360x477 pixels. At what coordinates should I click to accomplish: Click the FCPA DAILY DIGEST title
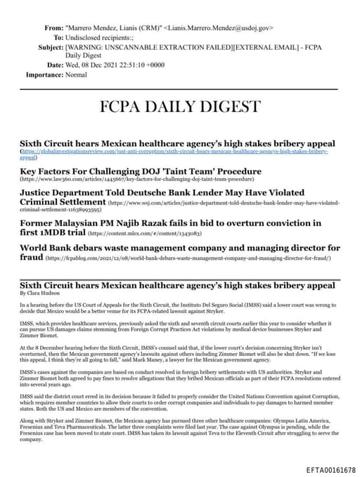(179, 107)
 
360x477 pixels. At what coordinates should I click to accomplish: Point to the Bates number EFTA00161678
(331, 469)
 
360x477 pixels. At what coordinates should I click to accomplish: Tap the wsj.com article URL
(211, 203)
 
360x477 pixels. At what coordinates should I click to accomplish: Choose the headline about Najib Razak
(169, 223)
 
